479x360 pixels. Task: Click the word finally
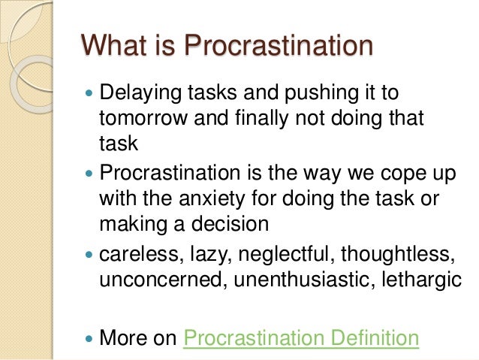coord(258,119)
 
